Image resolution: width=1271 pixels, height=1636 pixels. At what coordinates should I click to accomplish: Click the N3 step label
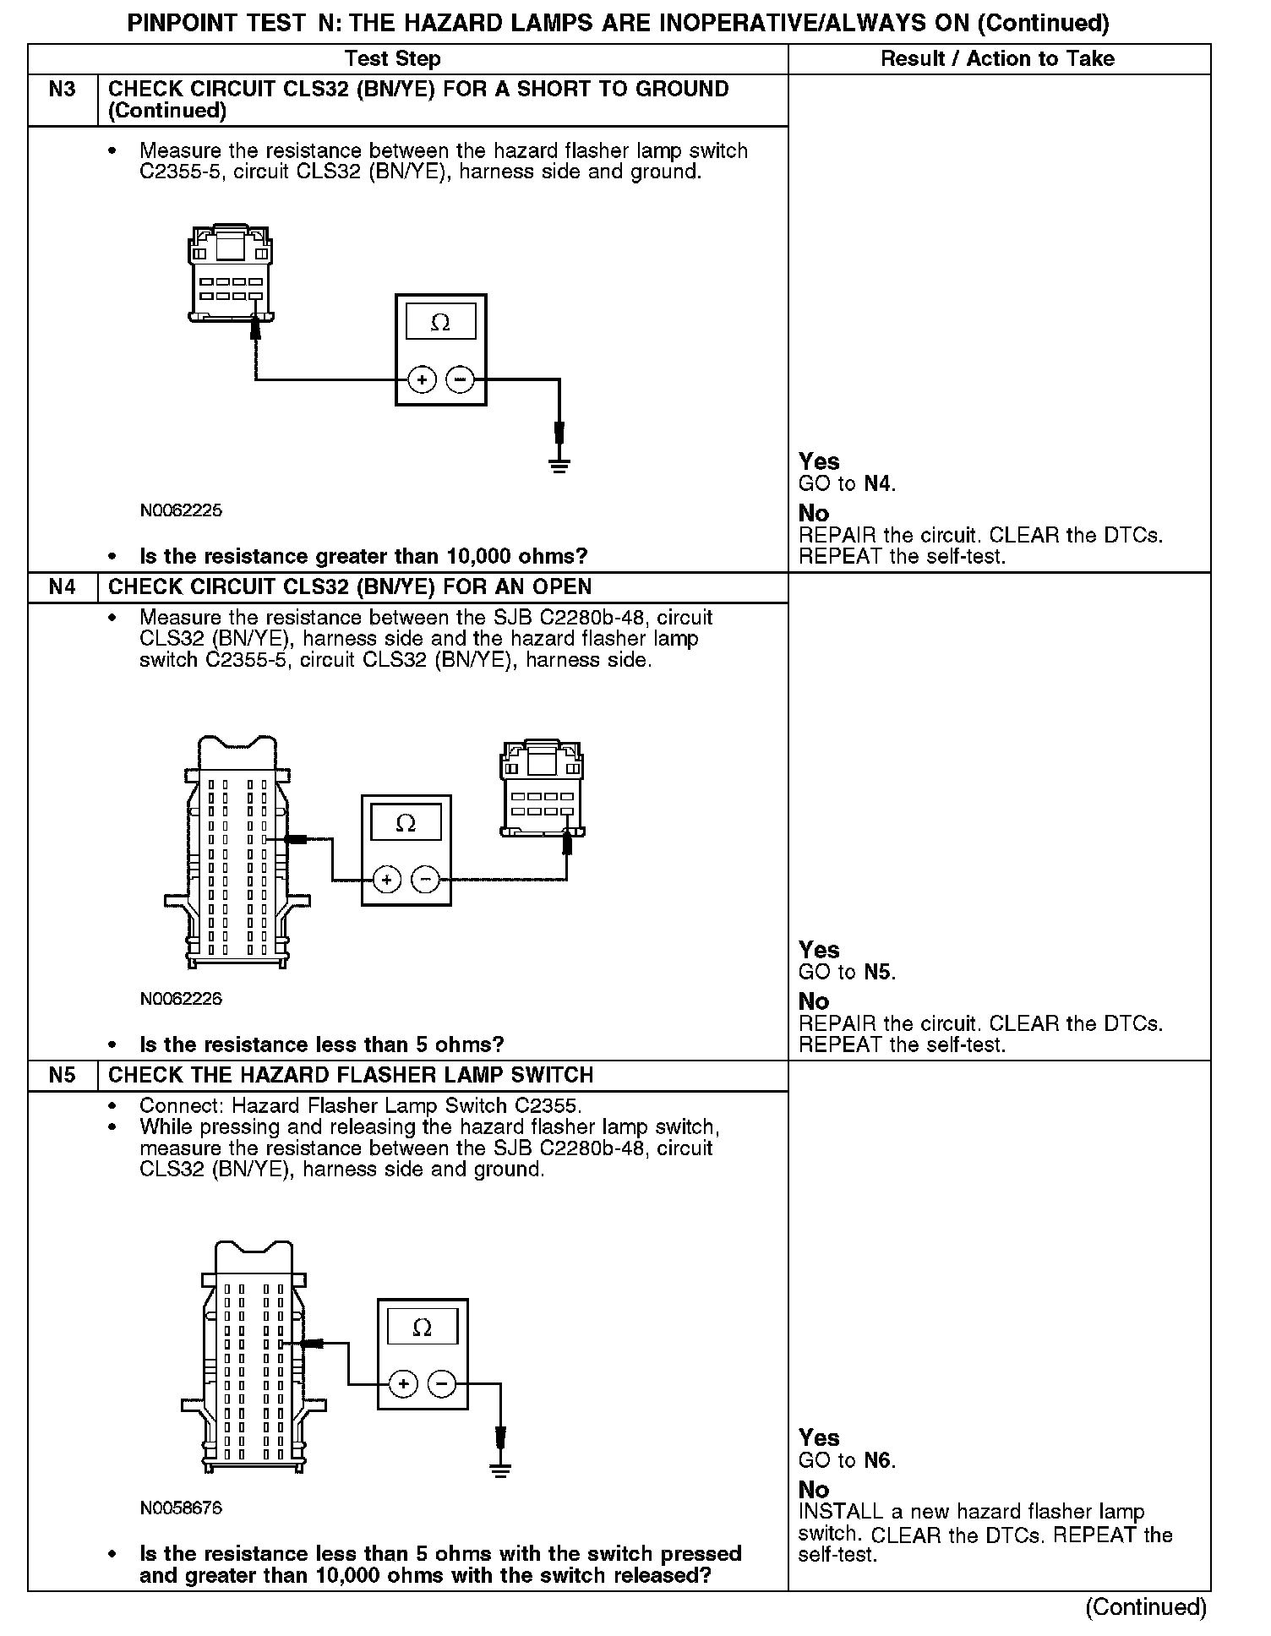[x=63, y=90]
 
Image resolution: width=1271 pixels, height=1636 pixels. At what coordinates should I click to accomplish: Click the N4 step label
[x=63, y=587]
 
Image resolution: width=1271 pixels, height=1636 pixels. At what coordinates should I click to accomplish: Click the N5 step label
[x=63, y=1076]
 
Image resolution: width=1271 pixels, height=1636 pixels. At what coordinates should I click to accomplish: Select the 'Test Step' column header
[x=393, y=59]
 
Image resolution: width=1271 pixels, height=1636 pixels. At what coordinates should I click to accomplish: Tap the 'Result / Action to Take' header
[x=997, y=59]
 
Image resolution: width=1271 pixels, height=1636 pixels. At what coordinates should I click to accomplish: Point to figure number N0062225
[x=181, y=510]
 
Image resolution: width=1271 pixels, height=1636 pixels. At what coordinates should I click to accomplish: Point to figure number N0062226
[x=181, y=999]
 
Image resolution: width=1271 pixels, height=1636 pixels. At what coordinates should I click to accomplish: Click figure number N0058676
[x=181, y=1508]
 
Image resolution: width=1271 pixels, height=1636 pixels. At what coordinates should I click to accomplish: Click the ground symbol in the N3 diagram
[x=559, y=464]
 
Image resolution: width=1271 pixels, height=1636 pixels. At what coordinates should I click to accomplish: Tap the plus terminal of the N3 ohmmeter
[x=422, y=380]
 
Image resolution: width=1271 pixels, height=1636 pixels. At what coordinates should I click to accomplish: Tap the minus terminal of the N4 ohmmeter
[x=425, y=881]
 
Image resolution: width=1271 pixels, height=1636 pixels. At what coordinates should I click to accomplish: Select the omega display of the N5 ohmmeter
[x=422, y=1328]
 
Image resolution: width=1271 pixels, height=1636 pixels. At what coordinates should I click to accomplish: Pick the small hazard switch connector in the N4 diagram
[x=542, y=789]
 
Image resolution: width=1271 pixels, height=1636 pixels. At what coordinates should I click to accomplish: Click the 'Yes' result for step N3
[x=819, y=461]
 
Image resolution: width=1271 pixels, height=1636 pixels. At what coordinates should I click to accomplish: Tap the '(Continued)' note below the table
[x=1145, y=1606]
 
